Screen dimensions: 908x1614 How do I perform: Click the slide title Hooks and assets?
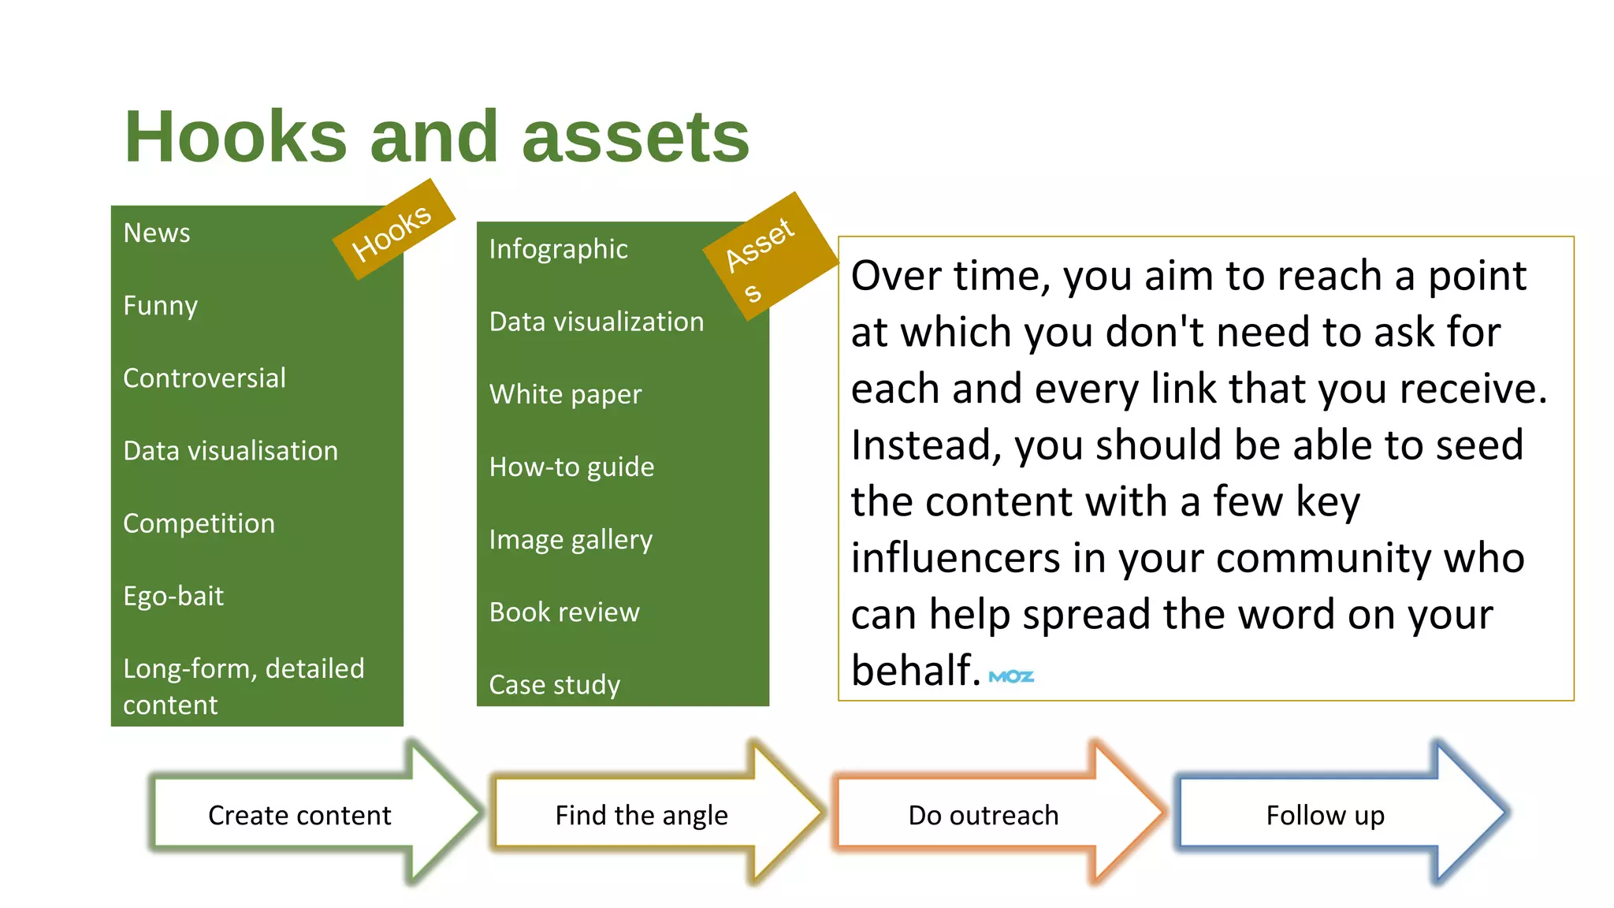[437, 137]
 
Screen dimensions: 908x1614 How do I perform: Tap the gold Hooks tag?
[393, 230]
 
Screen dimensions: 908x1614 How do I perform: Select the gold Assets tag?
[768, 255]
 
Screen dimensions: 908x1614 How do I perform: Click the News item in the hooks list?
[157, 233]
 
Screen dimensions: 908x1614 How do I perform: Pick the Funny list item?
[161, 306]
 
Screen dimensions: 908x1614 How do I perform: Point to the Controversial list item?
[205, 378]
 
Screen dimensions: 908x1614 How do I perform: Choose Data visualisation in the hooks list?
[231, 451]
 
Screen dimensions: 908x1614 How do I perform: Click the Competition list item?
[199, 523]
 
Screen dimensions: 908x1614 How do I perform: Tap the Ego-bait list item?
[173, 596]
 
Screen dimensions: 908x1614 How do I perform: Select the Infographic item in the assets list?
[558, 249]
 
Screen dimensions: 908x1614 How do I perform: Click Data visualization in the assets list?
[597, 322]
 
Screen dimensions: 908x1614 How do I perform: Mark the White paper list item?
[565, 394]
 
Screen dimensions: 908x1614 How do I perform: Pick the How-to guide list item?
[571, 467]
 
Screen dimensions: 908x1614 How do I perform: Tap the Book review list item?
[564, 612]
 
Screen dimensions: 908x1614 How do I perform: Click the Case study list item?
[555, 685]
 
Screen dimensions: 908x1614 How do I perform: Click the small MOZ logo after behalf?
[1011, 676]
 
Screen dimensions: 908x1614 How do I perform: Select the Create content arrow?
[299, 815]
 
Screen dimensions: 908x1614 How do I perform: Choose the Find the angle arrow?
[642, 815]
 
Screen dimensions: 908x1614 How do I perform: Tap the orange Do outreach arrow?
[984, 815]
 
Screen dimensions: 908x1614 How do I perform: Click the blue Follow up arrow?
[1326, 815]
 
